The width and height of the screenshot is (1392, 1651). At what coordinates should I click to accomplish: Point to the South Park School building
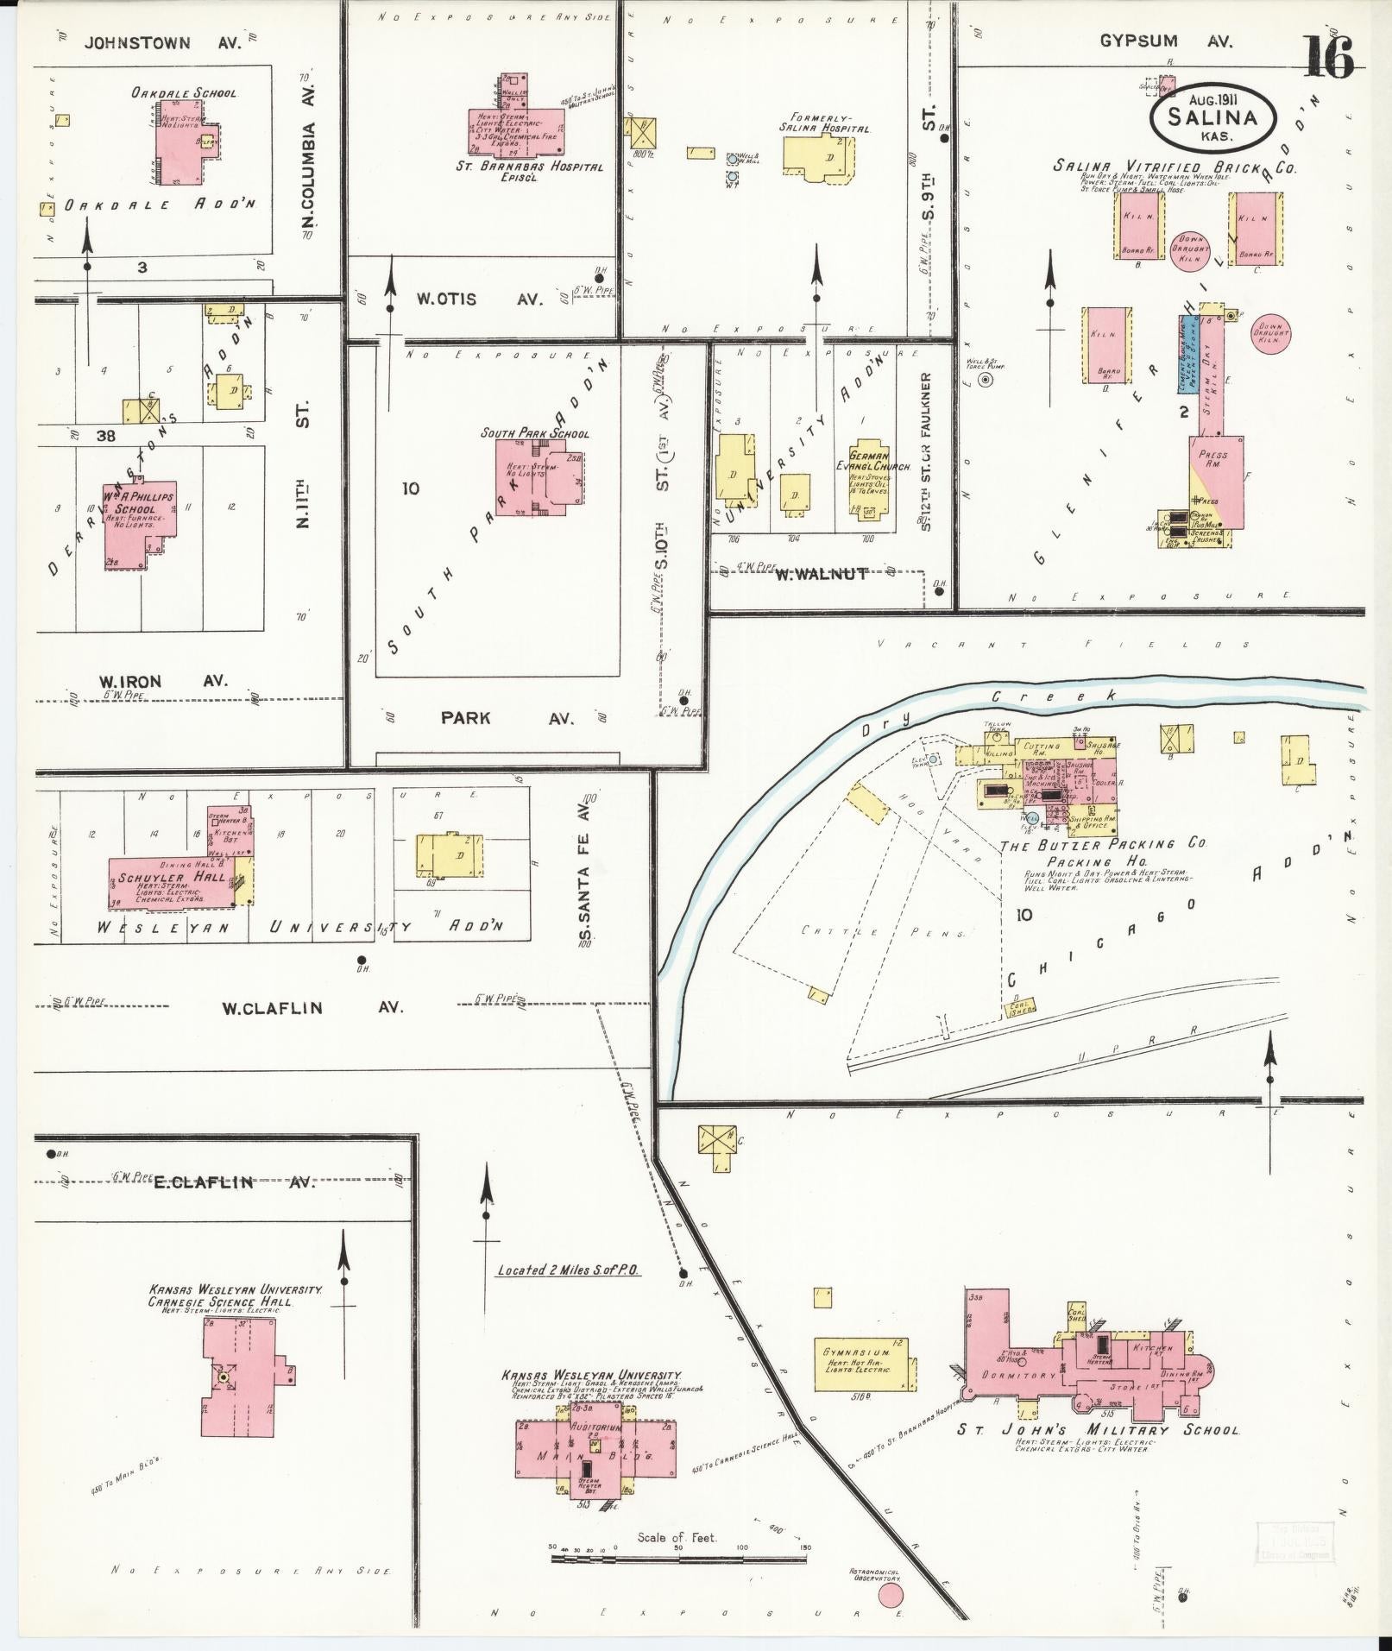541,482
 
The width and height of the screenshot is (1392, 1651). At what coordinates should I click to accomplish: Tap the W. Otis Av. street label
479,299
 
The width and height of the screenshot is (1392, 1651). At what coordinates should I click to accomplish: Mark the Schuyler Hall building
173,880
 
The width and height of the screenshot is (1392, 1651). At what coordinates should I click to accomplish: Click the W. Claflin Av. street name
312,1007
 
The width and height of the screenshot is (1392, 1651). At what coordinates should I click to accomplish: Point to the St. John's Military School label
1098,1429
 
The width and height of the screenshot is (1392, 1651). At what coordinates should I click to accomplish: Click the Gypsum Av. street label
1165,41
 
